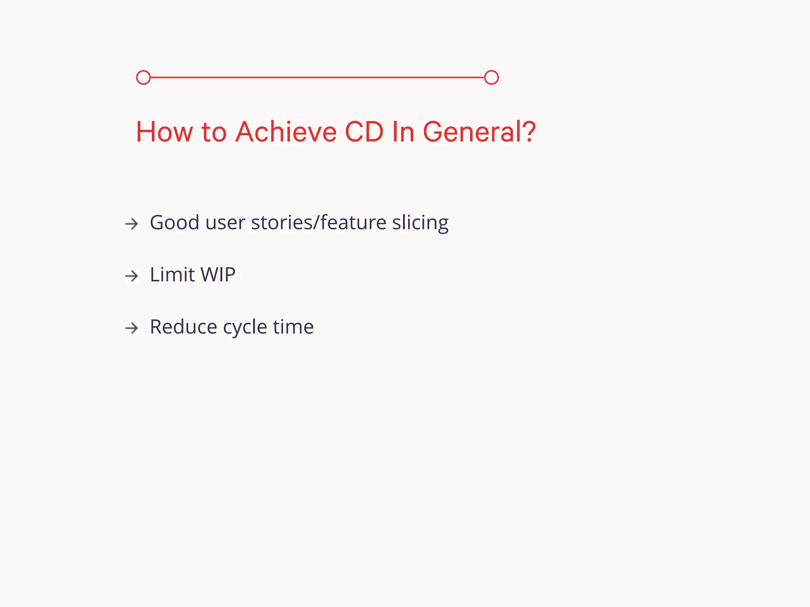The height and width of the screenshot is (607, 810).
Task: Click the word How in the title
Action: (x=164, y=132)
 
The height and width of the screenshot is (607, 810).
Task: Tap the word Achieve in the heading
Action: (x=286, y=132)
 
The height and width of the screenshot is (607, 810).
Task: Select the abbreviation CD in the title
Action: (x=364, y=132)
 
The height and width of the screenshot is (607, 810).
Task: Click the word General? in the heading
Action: (x=479, y=132)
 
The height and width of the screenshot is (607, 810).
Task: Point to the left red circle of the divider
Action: (x=143, y=77)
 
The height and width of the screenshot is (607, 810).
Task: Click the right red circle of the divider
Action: (x=491, y=77)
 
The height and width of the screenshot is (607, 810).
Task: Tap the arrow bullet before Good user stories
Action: (x=132, y=224)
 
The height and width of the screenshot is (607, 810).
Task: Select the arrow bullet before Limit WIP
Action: (x=132, y=275)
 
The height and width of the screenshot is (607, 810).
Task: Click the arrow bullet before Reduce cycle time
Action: (x=132, y=328)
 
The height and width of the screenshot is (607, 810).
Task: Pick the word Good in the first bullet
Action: (x=174, y=222)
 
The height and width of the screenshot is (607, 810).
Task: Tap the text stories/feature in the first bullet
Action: (x=318, y=222)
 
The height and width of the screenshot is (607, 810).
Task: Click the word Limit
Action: (x=172, y=274)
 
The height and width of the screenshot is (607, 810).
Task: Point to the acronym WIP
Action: (x=218, y=274)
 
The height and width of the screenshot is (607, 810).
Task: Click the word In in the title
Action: (x=403, y=132)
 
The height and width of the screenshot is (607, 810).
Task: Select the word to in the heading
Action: (x=214, y=132)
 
